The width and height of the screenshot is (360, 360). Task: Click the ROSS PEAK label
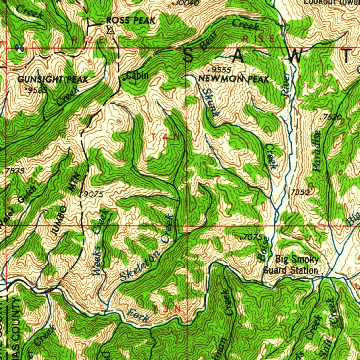pos(130,21)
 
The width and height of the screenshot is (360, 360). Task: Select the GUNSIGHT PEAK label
pos(53,79)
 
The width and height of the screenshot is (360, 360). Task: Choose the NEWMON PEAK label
pos(234,79)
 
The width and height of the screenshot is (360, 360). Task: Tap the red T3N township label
pos(167,309)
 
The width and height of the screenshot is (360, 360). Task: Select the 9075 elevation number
pos(93,194)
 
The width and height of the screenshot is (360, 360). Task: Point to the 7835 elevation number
pos(15,171)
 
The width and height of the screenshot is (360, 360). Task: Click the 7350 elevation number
pos(300,192)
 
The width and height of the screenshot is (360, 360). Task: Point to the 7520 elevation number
pos(332,118)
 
